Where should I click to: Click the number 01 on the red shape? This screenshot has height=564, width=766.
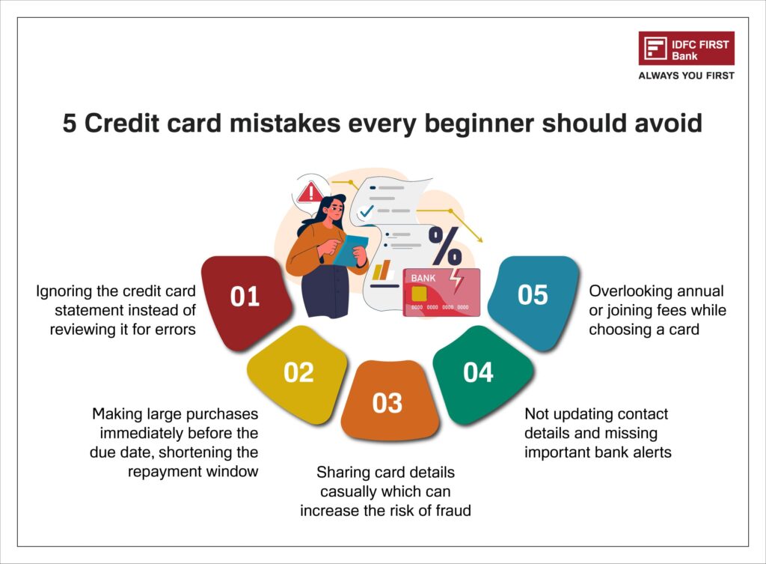click(x=245, y=297)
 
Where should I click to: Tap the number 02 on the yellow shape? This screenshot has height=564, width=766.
click(x=298, y=372)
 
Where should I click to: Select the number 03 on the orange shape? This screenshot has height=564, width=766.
click(x=387, y=403)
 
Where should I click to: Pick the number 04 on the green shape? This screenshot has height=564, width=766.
click(x=478, y=372)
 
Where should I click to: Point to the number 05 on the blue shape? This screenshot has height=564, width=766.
click(x=533, y=295)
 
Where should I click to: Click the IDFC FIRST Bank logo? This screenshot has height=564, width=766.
click(x=686, y=48)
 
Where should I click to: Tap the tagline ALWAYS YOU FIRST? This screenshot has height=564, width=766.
click(x=686, y=76)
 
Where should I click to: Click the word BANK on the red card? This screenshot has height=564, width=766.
click(x=423, y=278)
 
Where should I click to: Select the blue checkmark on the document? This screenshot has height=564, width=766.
click(x=366, y=212)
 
